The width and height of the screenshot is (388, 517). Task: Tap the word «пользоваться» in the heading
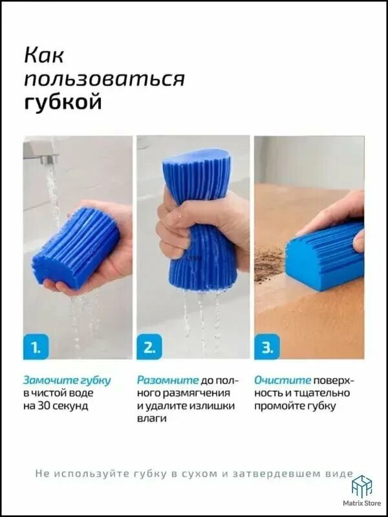tap(104, 79)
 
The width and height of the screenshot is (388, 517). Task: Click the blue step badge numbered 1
tap(36, 346)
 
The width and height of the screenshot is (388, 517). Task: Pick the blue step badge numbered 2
tap(149, 346)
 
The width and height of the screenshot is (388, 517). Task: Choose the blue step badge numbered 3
tap(267, 346)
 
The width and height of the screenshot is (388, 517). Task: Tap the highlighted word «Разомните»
tap(168, 381)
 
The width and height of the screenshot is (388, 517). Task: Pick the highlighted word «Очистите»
tap(283, 381)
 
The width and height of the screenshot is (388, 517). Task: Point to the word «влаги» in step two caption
tap(151, 419)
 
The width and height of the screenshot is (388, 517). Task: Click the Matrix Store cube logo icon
tap(361, 487)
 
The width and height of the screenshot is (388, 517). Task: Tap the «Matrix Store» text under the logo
tap(362, 503)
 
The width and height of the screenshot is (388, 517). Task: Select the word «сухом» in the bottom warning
tap(199, 474)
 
